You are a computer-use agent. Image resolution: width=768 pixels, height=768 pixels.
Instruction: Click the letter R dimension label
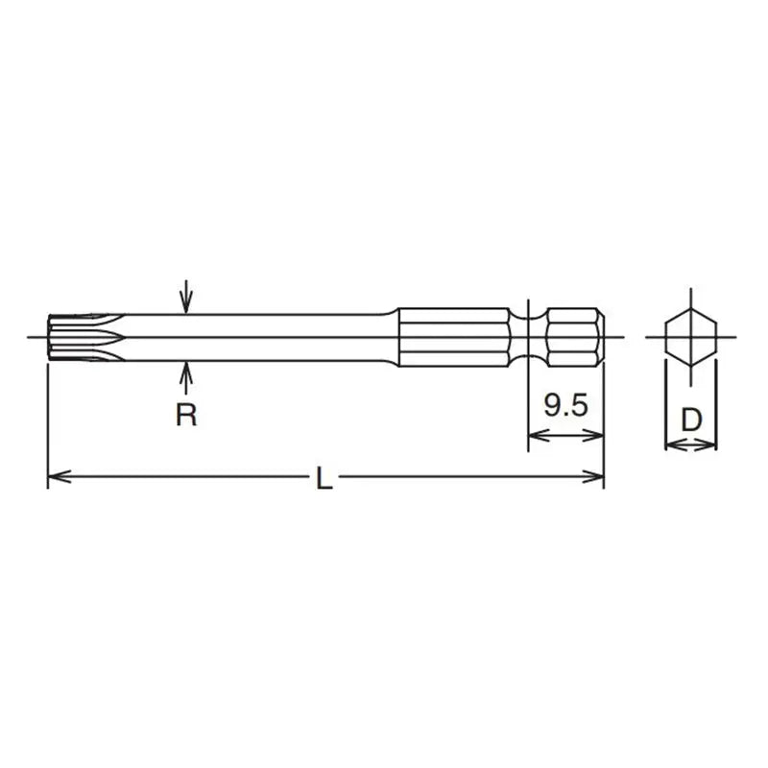coord(187,417)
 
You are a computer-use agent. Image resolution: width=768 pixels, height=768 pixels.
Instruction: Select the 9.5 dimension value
coord(565,405)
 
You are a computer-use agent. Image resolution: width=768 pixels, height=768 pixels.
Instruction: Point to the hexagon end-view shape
coord(690,337)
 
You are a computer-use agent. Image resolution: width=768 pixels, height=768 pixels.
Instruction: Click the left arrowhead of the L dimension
coord(57,475)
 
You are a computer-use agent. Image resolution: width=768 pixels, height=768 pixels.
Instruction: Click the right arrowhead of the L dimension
coord(594,475)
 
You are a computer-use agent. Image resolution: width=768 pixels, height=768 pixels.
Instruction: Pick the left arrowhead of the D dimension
coord(672,444)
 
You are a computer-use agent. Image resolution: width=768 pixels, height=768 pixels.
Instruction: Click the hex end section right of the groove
coord(574,337)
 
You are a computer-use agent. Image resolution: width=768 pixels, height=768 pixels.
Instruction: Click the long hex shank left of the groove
coord(456,337)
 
